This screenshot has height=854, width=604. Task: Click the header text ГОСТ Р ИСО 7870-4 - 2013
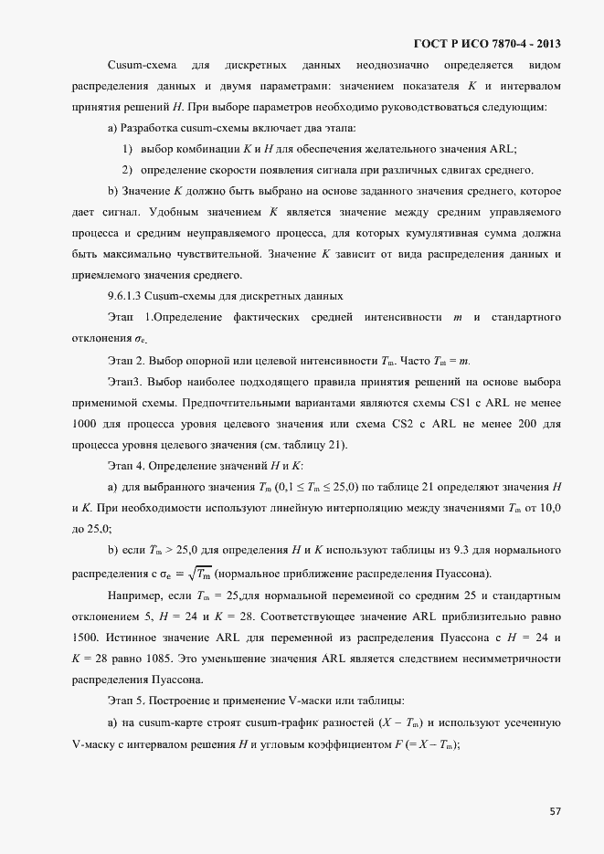click(x=488, y=43)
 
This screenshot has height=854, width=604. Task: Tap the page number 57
click(x=556, y=810)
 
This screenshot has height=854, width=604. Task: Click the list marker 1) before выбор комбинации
click(x=127, y=149)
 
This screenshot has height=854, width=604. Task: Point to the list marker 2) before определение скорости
click(x=127, y=170)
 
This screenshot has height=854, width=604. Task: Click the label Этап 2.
click(x=125, y=360)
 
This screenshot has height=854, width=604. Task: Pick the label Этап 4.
click(x=125, y=465)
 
